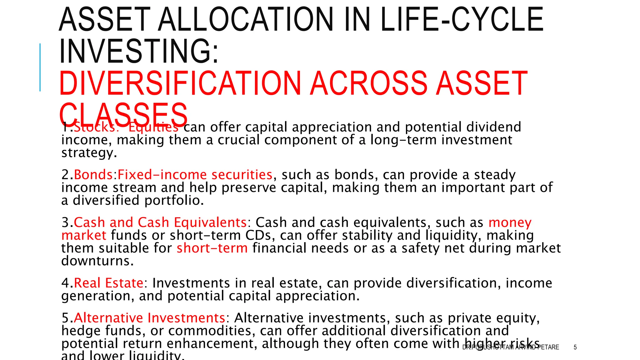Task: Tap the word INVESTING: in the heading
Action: [x=139, y=51]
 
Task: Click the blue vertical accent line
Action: [x=40, y=67]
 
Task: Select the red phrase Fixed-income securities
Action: [x=195, y=175]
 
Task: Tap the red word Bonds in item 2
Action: [x=93, y=175]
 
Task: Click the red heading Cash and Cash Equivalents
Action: [x=160, y=222]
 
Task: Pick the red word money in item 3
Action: [x=510, y=222]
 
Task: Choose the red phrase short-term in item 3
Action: [x=212, y=248]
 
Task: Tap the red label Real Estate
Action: [x=108, y=283]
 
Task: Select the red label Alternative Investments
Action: [x=149, y=318]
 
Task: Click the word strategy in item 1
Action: [x=89, y=153]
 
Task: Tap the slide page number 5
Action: [x=575, y=347]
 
